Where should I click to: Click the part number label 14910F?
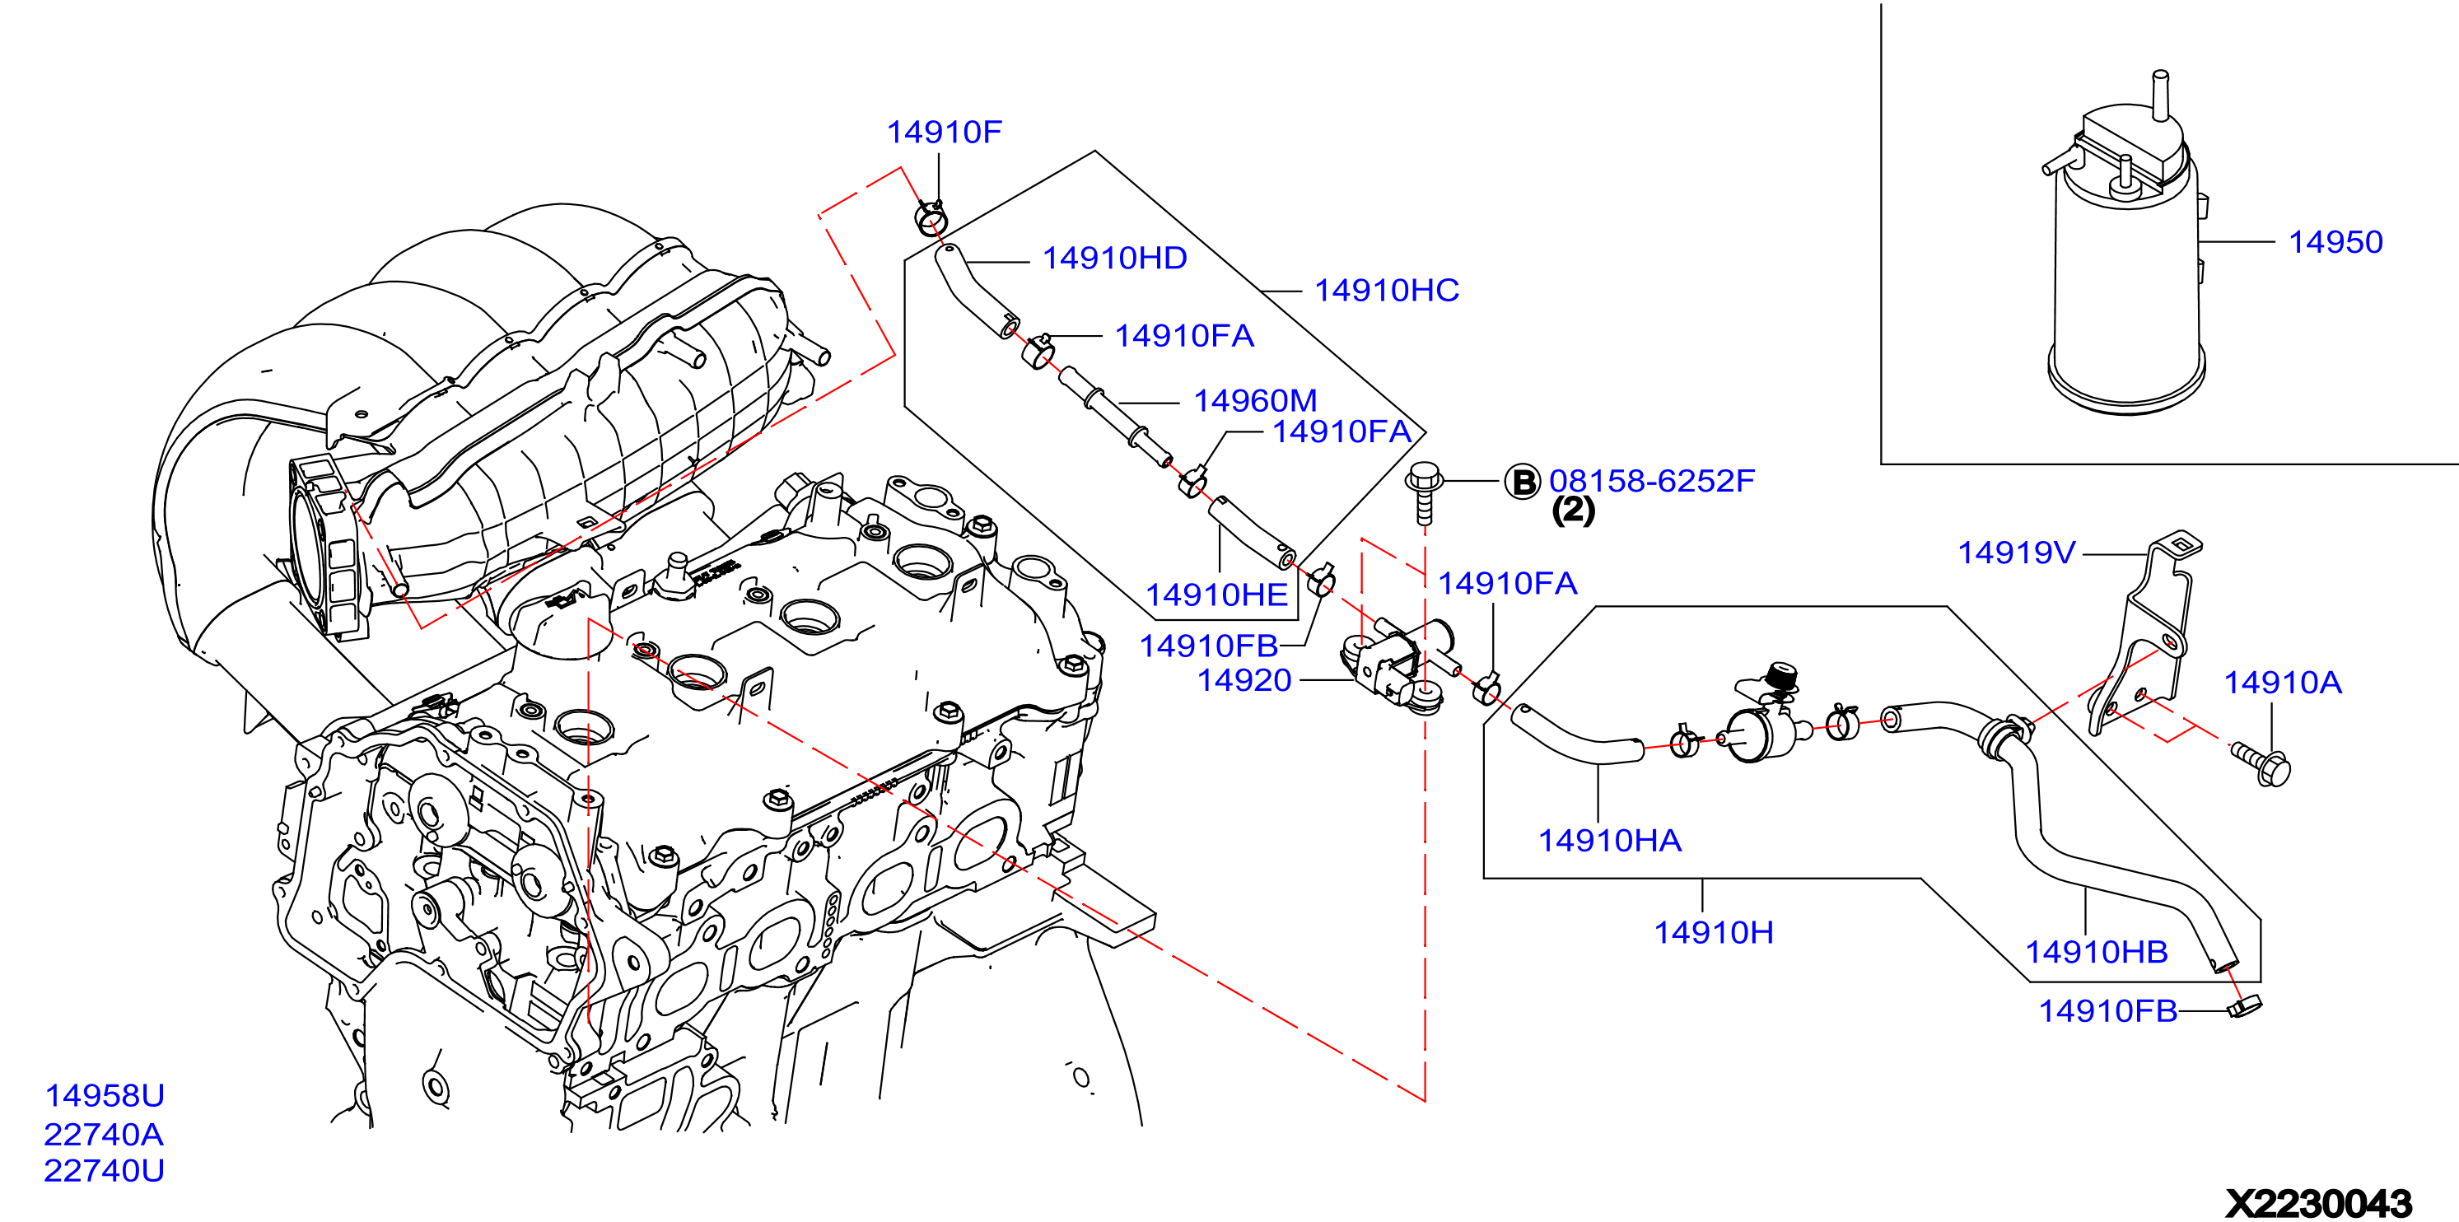pos(944,132)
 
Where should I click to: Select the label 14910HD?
pos(1114,258)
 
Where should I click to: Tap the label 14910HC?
pos(1386,290)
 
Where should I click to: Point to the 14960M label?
pos(1254,400)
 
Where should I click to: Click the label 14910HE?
pos(1216,595)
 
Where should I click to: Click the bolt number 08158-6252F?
pos(1651,480)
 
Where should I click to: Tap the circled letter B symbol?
pos(1523,481)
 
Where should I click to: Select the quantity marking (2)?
pos(1573,511)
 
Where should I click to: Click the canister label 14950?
pos(2335,241)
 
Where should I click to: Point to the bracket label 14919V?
pos(2016,552)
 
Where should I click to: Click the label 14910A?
pos(2283,682)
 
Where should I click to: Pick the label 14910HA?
pos(1609,840)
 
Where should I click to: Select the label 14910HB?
pos(2097,952)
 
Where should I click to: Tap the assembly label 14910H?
pos(1714,932)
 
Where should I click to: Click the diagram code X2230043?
pos(2319,1203)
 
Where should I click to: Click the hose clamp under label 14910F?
pos(930,217)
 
